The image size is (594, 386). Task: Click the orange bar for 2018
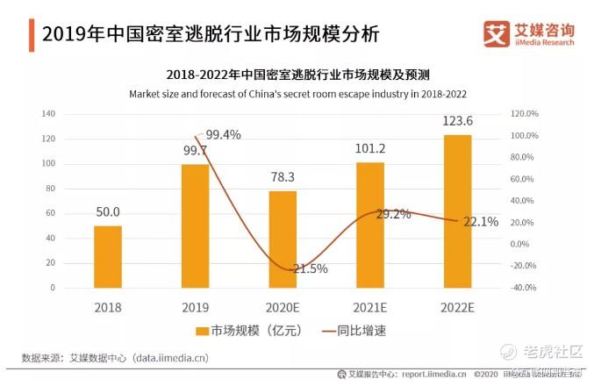click(108, 256)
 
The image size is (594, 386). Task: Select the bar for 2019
click(195, 225)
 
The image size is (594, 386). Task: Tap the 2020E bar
click(283, 239)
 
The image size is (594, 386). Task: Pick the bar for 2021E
click(369, 225)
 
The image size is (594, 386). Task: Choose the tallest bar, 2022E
click(457, 211)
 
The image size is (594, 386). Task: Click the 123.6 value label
click(456, 121)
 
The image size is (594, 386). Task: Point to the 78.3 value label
click(285, 176)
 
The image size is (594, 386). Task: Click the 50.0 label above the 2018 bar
click(108, 211)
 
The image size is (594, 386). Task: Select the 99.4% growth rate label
click(222, 134)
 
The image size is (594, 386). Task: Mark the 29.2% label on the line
click(392, 214)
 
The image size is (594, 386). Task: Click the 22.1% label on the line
click(480, 222)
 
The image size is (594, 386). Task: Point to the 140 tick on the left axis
click(48, 114)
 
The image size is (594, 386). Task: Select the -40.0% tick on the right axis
click(523, 288)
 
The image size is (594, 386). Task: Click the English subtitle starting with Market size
click(297, 92)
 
